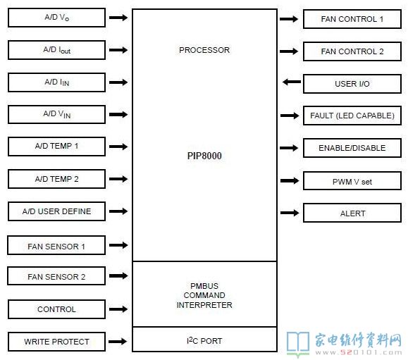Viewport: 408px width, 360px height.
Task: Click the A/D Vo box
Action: tap(56, 18)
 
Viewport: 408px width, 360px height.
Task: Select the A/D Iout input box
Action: tap(56, 50)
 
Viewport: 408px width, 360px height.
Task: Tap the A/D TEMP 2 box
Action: tap(56, 179)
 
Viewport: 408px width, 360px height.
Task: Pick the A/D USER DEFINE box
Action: tap(56, 211)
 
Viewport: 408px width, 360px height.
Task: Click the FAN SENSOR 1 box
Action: tap(56, 245)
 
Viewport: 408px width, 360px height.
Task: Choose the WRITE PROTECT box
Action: tap(56, 342)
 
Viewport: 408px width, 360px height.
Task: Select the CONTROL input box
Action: tap(56, 309)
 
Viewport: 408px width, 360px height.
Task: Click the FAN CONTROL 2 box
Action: tap(352, 51)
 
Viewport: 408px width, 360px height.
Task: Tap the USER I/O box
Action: tap(352, 84)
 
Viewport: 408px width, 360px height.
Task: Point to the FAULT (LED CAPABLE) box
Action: tap(352, 116)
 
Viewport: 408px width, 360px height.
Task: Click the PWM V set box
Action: tap(352, 181)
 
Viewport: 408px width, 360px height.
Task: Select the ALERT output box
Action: tap(352, 213)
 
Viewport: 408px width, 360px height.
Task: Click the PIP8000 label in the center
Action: tap(204, 156)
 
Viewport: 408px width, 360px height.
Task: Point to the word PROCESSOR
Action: tap(204, 50)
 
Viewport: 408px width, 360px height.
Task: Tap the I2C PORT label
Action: tap(204, 340)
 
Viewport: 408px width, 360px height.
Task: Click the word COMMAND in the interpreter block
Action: tap(204, 295)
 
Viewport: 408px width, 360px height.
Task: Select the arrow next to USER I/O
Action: tap(292, 82)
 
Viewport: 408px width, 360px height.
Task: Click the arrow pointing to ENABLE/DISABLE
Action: tap(289, 148)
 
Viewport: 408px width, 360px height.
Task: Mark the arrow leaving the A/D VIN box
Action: tap(118, 114)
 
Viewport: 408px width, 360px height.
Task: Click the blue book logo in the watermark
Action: tap(298, 343)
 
